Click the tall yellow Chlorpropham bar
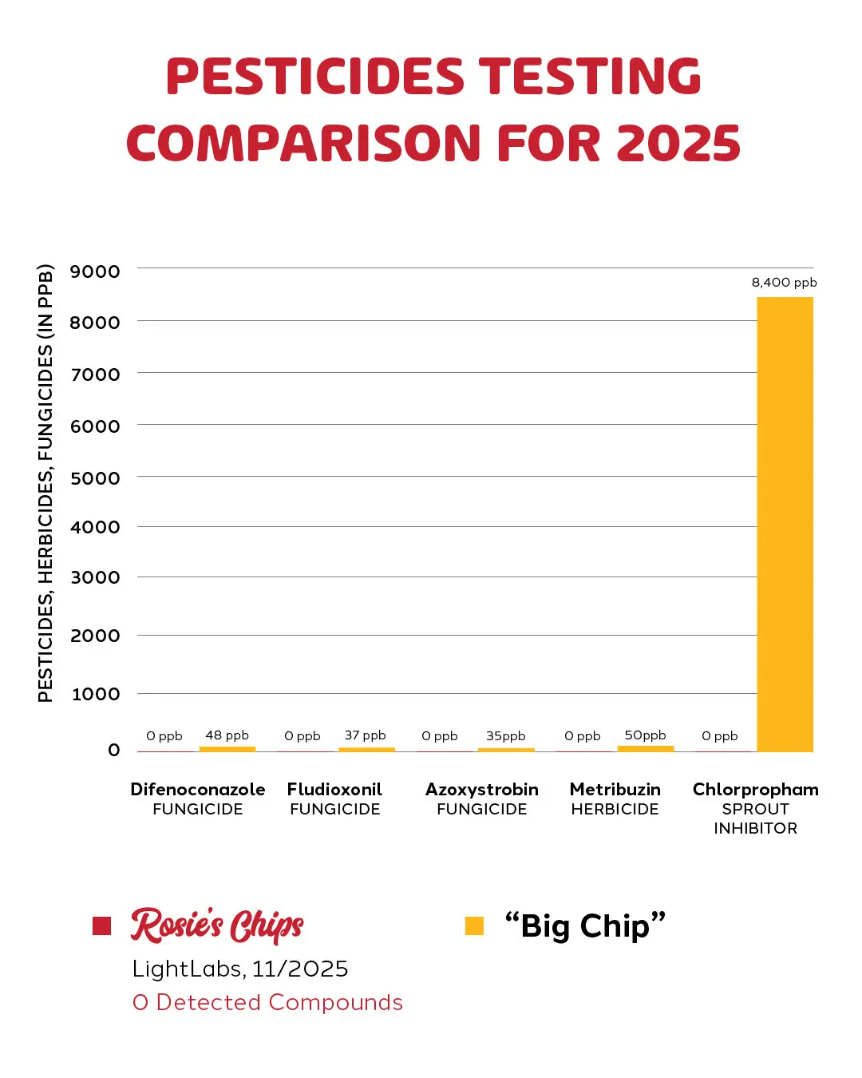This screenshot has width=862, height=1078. pos(785,524)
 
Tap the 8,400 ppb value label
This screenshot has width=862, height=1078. pos(784,283)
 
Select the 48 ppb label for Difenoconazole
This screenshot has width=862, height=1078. pos(227,735)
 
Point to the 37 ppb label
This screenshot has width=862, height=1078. pos(365,735)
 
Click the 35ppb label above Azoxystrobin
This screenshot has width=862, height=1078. pos(505,736)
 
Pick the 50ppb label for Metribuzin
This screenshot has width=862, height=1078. pos(645,735)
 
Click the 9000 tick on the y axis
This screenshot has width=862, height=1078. pos(95,271)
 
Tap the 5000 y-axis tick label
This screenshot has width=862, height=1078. pos(95,478)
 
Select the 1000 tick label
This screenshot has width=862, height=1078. pos(96,694)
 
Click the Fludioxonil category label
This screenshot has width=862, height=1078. pos(334,790)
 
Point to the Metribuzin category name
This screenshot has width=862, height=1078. pos(615,790)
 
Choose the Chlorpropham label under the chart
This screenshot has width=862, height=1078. pos(755,790)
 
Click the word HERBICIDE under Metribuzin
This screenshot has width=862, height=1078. pos(615,810)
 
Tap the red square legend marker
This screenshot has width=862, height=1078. pos(101,925)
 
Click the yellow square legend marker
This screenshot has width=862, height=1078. pos(474,925)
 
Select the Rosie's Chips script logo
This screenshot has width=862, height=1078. pos(217,925)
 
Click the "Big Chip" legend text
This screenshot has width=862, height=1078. pos(585,926)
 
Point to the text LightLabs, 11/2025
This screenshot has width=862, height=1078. pos(240,969)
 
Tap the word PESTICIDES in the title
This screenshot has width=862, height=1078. pos(314,77)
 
